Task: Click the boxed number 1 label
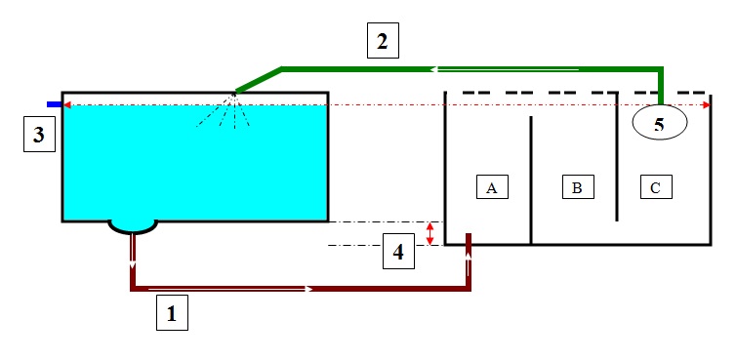coord(173,315)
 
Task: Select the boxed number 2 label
coord(383,41)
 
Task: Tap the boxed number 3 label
coord(38,135)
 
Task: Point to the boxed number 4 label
coord(397,252)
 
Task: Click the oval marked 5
coord(660,123)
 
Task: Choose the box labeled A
coord(492,186)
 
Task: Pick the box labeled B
coord(577,186)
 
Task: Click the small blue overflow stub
coord(55,102)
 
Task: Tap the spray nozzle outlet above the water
coord(236,94)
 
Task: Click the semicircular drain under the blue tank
coord(132,226)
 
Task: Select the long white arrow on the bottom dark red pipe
coord(229,289)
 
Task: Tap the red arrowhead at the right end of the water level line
coord(706,104)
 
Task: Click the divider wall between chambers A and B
coord(530,180)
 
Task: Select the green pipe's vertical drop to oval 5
coord(661,86)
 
